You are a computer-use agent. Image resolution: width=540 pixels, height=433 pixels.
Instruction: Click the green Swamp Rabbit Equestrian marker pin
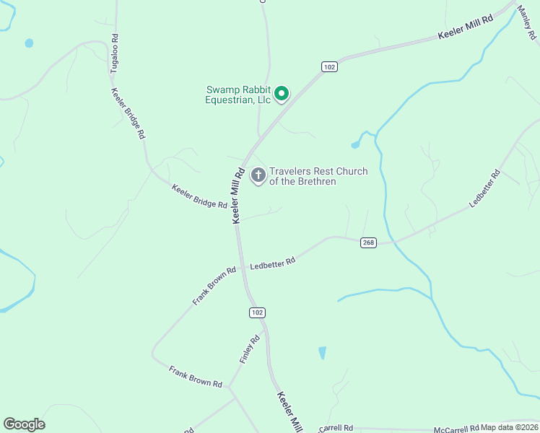[x=282, y=94]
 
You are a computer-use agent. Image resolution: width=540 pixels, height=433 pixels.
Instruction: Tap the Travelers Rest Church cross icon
[x=258, y=175]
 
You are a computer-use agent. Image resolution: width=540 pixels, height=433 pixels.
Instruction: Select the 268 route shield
[x=368, y=242]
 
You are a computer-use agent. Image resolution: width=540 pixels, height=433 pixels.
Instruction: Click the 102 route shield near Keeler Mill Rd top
[x=329, y=67]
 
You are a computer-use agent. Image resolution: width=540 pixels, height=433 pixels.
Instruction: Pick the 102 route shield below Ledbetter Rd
[x=258, y=312]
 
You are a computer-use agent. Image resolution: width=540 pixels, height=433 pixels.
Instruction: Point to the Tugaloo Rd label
[x=114, y=53]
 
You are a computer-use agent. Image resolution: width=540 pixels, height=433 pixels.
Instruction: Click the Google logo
[x=24, y=424]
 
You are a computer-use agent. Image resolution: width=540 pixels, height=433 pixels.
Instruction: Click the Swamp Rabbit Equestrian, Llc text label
[x=238, y=95]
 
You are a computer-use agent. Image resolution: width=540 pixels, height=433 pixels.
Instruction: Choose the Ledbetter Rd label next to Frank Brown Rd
[x=273, y=265]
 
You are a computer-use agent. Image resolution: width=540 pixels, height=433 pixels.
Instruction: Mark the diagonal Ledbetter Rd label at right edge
[x=484, y=189]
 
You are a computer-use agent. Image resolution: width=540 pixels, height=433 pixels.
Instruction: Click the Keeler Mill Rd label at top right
[x=466, y=30]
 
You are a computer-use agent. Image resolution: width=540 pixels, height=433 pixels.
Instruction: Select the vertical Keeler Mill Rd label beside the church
[x=238, y=195]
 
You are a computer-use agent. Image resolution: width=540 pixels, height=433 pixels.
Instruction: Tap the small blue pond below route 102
[x=322, y=353]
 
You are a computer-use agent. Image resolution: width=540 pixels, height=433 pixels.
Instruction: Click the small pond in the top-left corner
[x=29, y=43]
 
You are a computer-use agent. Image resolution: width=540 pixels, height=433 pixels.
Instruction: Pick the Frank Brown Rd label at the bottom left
[x=195, y=377]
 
